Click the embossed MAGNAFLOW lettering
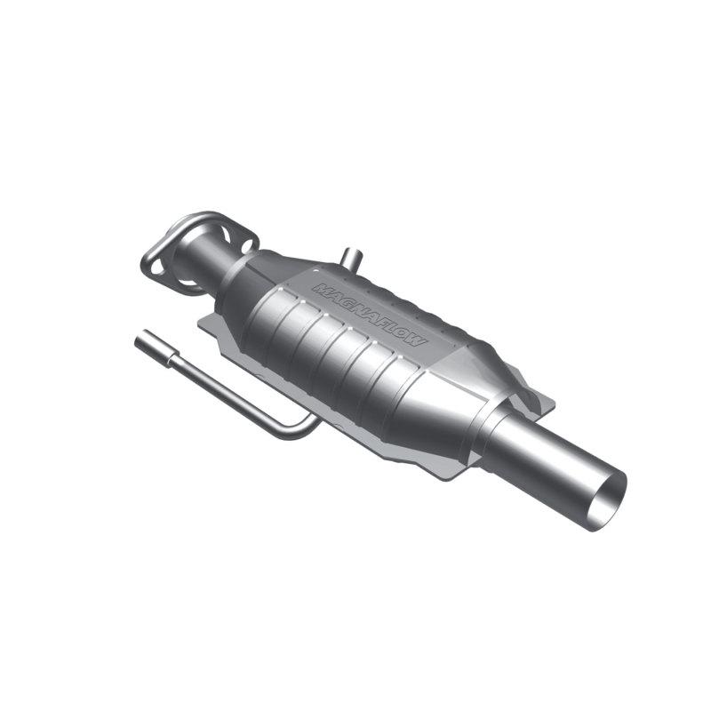[x=370, y=316]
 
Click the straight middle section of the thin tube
[x=222, y=391]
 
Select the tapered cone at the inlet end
[x=244, y=284]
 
